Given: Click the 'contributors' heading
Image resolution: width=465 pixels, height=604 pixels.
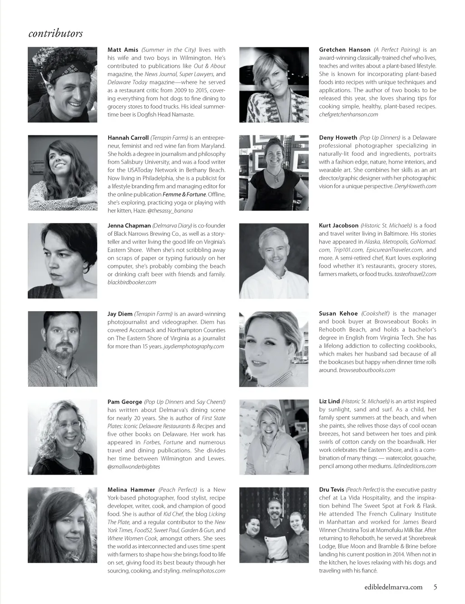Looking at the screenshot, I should [x=55, y=34].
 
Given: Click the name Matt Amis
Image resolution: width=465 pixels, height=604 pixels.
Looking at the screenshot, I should [x=123, y=50].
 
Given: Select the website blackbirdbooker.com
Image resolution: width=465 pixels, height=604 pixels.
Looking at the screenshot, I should [x=132, y=282].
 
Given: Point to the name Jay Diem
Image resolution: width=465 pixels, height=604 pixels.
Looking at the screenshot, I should [x=119, y=314].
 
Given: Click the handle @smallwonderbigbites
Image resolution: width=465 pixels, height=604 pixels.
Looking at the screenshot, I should [x=134, y=467].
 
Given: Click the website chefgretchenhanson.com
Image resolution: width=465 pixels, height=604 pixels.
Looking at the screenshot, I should [x=348, y=115].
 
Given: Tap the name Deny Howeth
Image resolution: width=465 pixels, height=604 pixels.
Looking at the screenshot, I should [x=338, y=138].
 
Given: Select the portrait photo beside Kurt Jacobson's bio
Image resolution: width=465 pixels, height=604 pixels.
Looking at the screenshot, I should [x=274, y=261].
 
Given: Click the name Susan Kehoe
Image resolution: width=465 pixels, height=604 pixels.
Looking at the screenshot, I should [x=338, y=314].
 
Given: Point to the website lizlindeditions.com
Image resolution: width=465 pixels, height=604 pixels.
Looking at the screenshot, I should [x=415, y=466].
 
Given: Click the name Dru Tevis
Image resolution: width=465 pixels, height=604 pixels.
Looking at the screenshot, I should [x=331, y=490].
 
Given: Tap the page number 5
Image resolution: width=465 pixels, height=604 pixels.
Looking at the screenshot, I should [x=435, y=587].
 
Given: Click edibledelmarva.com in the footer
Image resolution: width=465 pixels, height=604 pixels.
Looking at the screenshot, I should [x=393, y=587].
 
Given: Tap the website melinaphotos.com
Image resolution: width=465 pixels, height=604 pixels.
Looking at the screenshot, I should [x=203, y=571].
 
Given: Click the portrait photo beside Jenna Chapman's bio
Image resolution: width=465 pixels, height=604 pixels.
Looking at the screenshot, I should [x=63, y=261].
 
